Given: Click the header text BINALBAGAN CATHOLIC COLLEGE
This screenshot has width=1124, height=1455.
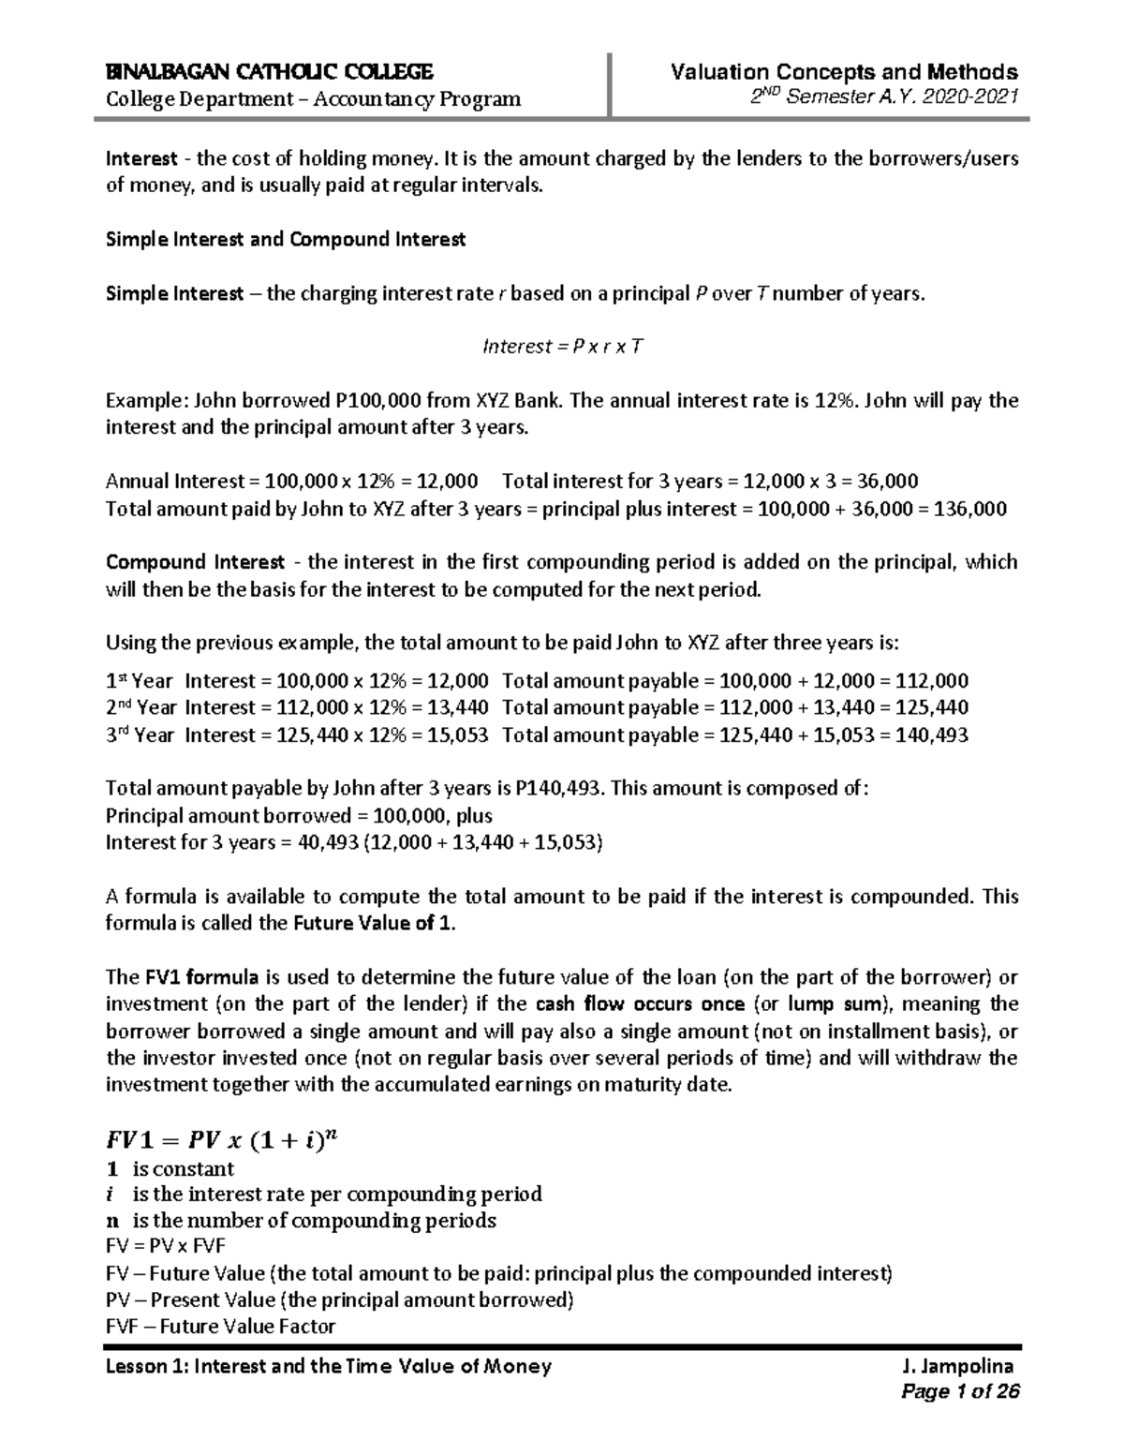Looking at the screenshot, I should coord(269,72).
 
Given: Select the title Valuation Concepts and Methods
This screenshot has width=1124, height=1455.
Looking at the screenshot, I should coord(844,72).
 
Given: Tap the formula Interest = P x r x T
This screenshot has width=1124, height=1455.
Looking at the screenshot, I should coord(562,347).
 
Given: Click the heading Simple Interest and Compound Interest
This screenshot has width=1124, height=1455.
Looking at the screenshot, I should coord(286,240).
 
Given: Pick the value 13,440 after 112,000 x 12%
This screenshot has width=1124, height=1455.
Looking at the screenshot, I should coord(457,708).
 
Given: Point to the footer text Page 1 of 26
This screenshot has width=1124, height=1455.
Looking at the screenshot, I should coord(959,1392).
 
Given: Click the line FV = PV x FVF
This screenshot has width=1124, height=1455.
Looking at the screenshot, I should coord(166,1247).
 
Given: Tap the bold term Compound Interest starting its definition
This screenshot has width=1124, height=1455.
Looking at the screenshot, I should coord(195,563).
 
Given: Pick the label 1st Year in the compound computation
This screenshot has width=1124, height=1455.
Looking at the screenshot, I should coord(140,681).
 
